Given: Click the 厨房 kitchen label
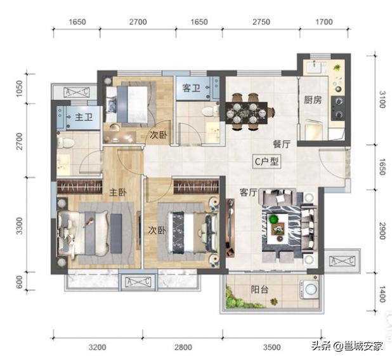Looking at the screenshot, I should pos(311,100).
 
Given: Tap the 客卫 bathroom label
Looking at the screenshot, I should pos(191,88).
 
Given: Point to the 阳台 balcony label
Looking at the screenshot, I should pos(259,289).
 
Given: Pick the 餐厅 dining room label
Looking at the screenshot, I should pos(282,144).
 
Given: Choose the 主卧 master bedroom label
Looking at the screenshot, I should pos(115,192).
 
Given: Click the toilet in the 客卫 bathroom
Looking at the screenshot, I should pos(206,112).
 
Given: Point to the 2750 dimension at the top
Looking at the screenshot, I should pos(261,22).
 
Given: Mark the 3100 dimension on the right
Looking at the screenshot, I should pos(381,100).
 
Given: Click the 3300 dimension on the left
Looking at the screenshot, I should pos(20,225).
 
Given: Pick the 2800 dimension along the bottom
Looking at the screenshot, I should pos(183,347).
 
